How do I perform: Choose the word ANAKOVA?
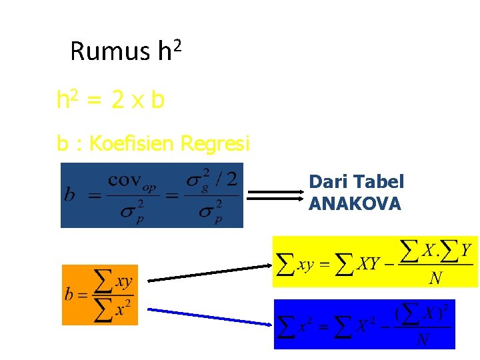click(x=355, y=204)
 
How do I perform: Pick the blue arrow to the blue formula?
click(x=209, y=317)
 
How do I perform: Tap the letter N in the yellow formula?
click(x=435, y=277)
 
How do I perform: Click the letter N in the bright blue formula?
click(x=422, y=340)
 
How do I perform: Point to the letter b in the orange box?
click(x=69, y=295)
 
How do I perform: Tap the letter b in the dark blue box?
click(x=69, y=195)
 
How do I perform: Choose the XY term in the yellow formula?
click(x=369, y=265)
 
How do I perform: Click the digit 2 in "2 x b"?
click(x=117, y=101)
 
